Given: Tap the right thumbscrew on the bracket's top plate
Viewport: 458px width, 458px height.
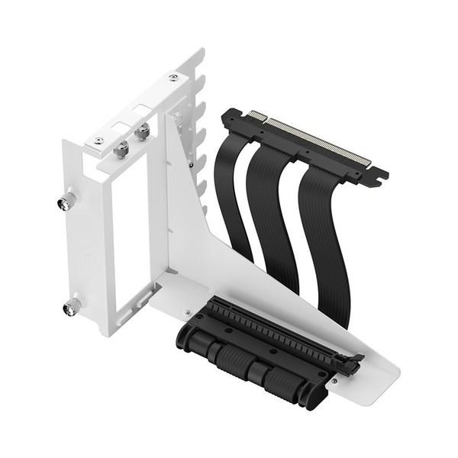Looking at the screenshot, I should (x=142, y=133).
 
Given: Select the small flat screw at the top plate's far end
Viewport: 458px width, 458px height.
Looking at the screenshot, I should (x=173, y=77).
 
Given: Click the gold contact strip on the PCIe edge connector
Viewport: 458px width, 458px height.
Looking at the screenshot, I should (x=317, y=141).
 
